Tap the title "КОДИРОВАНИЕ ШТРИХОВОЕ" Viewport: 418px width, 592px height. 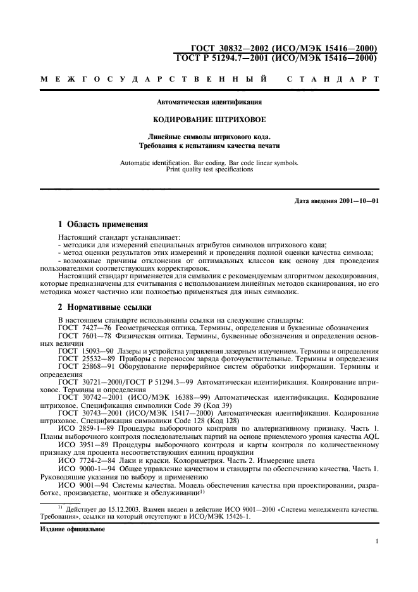pyautogui.click(x=209, y=119)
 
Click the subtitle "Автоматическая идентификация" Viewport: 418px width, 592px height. pyautogui.click(x=209, y=101)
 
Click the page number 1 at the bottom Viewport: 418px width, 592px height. pyautogui.click(x=376, y=541)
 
